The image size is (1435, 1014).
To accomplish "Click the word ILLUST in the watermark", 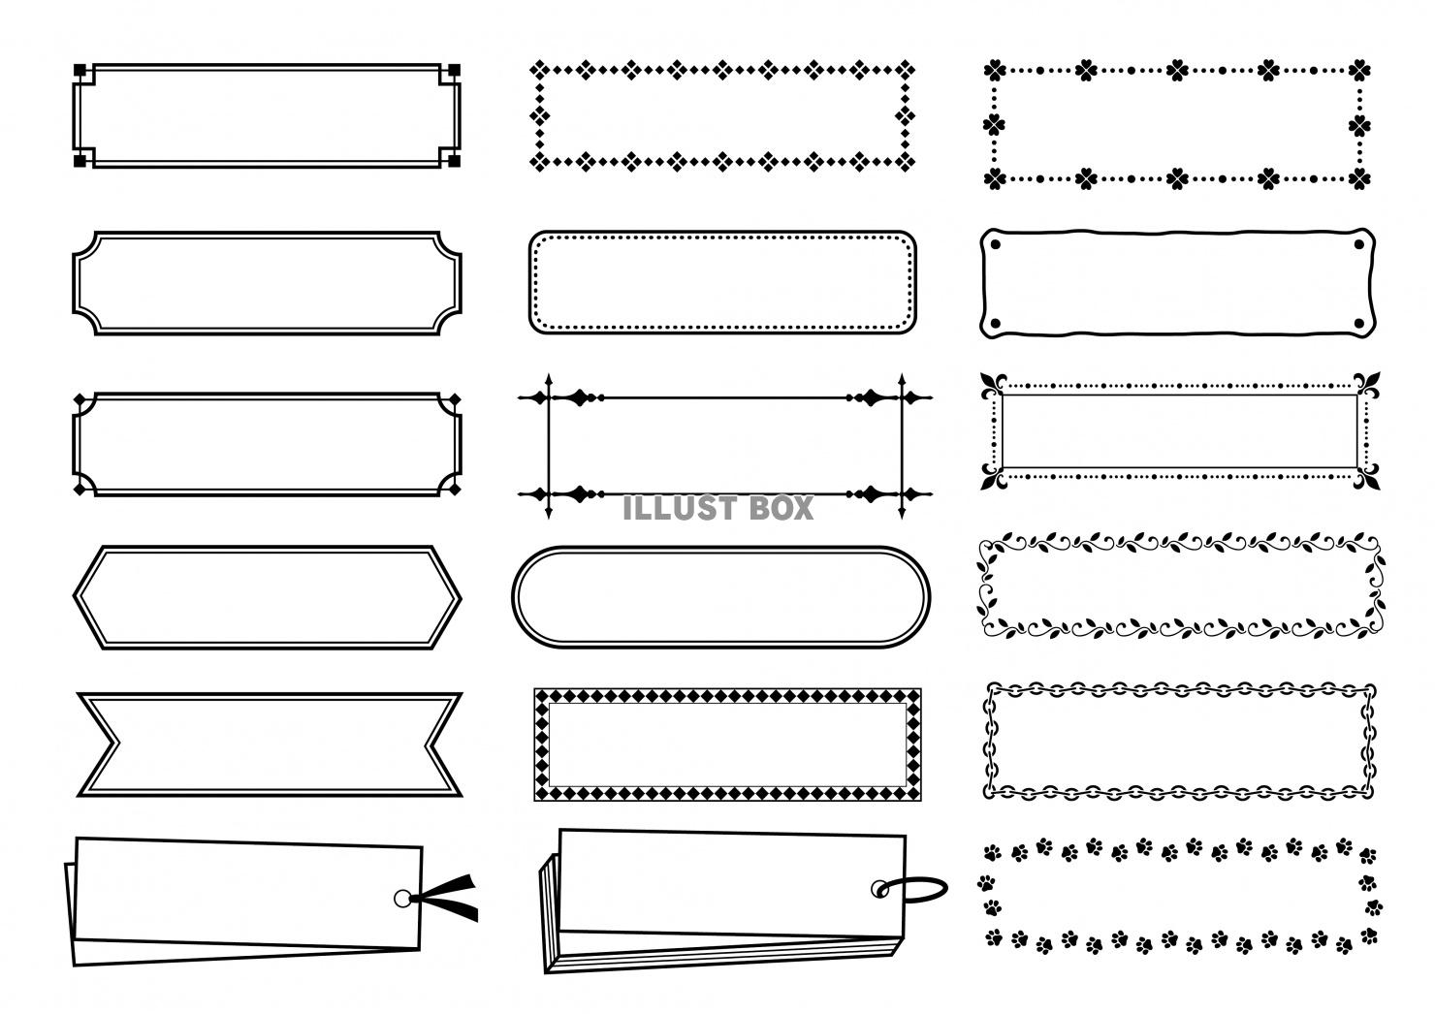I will pos(680,508).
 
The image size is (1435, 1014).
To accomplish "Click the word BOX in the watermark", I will pos(781,508).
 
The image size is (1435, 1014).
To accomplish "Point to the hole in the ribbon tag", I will pos(402,899).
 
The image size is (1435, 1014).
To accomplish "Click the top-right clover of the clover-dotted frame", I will pos(1359,70).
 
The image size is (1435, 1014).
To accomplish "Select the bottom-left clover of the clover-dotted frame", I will pos(994,178).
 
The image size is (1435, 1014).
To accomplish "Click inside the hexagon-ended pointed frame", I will pos(267,597).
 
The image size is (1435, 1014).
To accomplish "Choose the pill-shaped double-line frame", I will pos(719,595).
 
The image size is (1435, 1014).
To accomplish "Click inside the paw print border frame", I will pos(1178,896).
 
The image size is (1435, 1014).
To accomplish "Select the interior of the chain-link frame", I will pos(1179,740).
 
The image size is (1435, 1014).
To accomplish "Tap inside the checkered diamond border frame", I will pos(727,745).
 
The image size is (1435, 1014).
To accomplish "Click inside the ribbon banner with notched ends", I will pos(269,745).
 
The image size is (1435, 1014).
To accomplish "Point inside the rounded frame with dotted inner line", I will pos(722,282).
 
